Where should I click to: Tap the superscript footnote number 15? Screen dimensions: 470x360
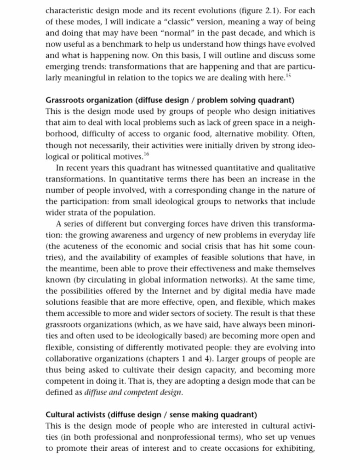(288, 75)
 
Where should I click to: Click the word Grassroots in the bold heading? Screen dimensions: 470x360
(65, 100)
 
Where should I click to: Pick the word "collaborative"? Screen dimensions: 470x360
(69, 359)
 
